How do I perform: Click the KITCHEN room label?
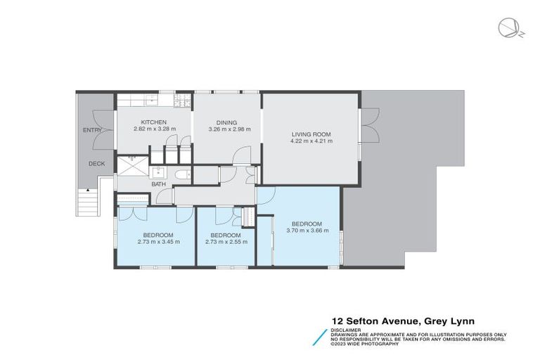153,122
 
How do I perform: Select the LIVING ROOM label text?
311,134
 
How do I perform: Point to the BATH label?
158,184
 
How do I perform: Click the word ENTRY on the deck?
92,130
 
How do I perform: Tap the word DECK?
96,163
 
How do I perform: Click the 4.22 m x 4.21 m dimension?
311,141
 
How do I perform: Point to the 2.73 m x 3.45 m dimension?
157,241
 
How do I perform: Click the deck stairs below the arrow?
86,205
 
